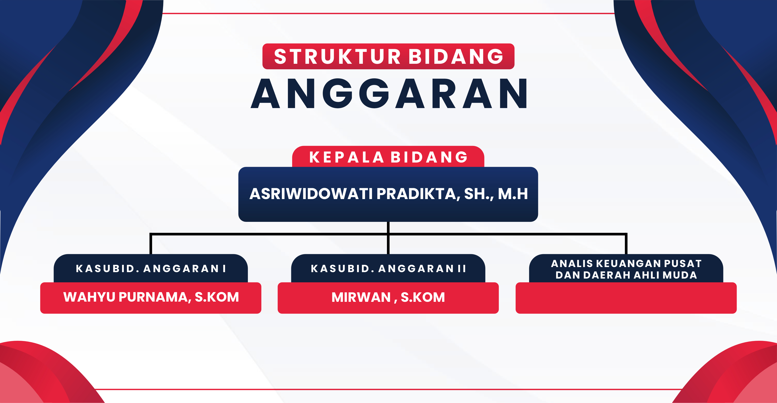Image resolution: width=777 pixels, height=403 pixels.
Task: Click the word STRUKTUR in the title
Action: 337,56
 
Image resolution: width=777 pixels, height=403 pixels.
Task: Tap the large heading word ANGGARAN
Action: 388,93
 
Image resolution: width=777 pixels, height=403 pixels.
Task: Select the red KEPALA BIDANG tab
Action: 388,157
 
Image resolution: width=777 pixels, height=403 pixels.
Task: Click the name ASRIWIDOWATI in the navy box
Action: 311,194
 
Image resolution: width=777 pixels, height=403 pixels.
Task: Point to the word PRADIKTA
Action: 419,194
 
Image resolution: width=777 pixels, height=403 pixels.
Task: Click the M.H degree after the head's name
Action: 513,194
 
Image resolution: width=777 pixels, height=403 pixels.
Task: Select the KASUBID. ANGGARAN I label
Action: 151,268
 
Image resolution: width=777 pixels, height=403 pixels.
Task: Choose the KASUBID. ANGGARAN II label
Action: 388,268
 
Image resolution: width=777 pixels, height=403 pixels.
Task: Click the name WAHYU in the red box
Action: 89,297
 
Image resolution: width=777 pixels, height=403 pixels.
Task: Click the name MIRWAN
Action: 361,297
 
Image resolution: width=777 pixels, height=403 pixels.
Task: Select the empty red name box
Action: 626,298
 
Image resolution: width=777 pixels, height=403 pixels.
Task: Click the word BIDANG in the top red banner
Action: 456,56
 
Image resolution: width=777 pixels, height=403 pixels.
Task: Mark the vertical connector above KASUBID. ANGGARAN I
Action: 151,244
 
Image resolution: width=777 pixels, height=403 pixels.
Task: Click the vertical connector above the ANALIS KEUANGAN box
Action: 626,244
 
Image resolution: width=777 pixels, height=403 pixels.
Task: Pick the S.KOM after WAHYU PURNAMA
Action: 217,297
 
